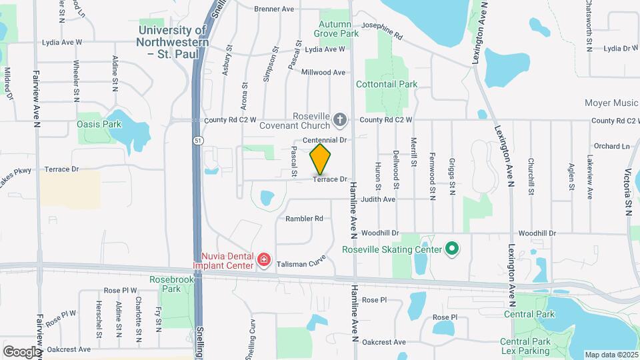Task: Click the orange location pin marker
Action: [320, 159]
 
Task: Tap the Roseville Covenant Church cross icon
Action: [339, 120]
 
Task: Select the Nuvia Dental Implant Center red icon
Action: [264, 259]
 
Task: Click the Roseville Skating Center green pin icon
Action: [452, 249]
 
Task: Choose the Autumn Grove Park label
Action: [337, 28]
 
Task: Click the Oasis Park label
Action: [99, 124]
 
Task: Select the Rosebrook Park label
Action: [165, 284]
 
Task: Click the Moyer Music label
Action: [611, 103]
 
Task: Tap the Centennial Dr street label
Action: [326, 140]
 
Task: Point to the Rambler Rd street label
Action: [304, 219]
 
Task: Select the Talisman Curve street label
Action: [301, 263]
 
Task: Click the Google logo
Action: [22, 351]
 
